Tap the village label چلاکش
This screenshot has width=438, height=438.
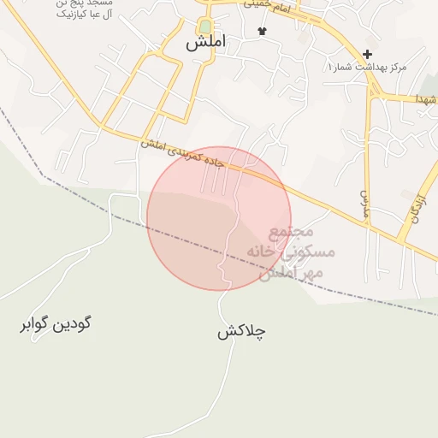point(241,331)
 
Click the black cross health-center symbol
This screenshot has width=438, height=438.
point(368,54)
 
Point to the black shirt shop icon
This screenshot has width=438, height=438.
point(262,32)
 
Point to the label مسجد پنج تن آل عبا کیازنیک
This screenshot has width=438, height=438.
point(60,9)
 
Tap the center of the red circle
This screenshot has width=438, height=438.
point(219,219)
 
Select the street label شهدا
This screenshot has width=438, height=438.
point(426,100)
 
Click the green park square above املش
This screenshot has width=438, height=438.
point(205,27)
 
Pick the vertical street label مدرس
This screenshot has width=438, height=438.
point(364,203)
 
